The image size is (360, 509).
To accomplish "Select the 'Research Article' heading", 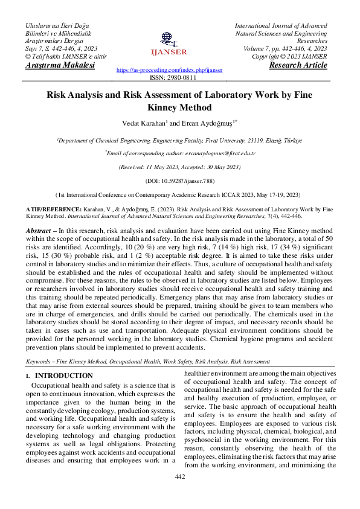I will (x=298, y=65).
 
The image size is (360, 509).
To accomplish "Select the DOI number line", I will (x=179, y=181).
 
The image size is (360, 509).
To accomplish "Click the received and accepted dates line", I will (x=179, y=167).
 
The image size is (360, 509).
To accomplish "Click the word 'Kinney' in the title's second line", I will (x=163, y=108).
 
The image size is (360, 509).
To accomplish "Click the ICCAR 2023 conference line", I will (x=179, y=195).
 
